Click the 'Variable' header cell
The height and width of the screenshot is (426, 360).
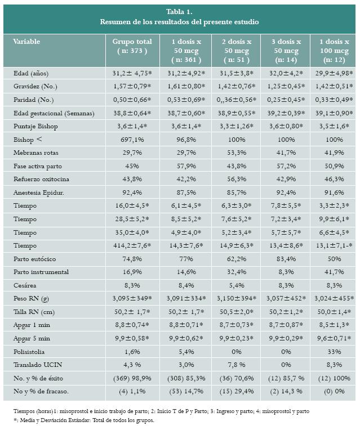(26, 42)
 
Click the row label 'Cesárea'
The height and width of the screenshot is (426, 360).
(25, 285)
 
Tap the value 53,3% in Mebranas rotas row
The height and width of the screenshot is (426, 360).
(235, 153)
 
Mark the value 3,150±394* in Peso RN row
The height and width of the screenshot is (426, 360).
(235, 298)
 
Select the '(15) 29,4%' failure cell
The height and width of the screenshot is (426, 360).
(235, 391)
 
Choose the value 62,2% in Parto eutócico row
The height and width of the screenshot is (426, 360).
(235, 259)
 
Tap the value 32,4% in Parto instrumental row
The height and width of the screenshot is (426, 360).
(235, 272)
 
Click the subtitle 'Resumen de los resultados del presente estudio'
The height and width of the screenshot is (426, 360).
(180, 22)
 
